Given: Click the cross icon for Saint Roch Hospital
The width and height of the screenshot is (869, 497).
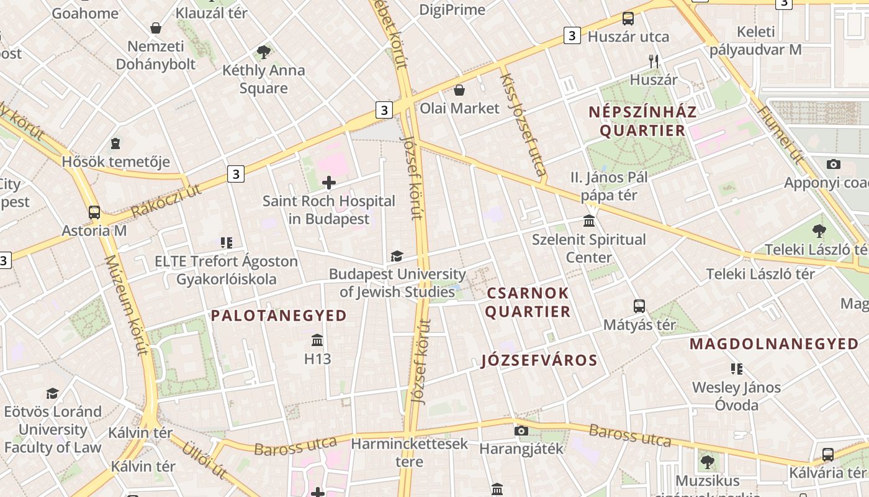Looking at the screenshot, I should click(329, 183).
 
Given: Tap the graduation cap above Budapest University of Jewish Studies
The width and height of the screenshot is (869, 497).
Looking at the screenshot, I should click(397, 256).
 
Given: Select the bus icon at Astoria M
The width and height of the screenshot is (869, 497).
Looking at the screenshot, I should click(94, 212).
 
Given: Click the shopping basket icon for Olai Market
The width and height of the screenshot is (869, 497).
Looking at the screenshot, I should click(459, 91).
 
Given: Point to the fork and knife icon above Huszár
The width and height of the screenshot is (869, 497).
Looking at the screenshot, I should click(653, 61).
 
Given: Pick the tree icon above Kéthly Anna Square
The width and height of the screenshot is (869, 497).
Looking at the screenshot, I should click(264, 52).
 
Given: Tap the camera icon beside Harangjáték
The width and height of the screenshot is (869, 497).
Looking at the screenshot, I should click(521, 431).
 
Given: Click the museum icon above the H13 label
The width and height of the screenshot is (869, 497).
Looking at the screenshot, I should click(318, 340).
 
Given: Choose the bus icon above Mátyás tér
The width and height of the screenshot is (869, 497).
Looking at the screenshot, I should click(639, 306).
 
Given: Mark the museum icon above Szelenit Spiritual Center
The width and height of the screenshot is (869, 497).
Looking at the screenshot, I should click(589, 221).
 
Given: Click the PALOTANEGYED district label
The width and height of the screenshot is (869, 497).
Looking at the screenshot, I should click(279, 316).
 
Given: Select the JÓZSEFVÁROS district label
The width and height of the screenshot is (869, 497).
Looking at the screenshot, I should click(539, 360).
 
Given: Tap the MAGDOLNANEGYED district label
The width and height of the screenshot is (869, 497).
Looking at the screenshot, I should click(774, 344).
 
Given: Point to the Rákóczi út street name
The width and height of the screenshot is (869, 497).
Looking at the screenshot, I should click(166, 201).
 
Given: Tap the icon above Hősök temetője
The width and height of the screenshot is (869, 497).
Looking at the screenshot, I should click(115, 144).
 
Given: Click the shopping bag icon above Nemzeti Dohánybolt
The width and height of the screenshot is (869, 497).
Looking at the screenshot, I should click(156, 28).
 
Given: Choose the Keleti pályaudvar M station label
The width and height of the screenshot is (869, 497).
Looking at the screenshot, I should click(755, 40).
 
